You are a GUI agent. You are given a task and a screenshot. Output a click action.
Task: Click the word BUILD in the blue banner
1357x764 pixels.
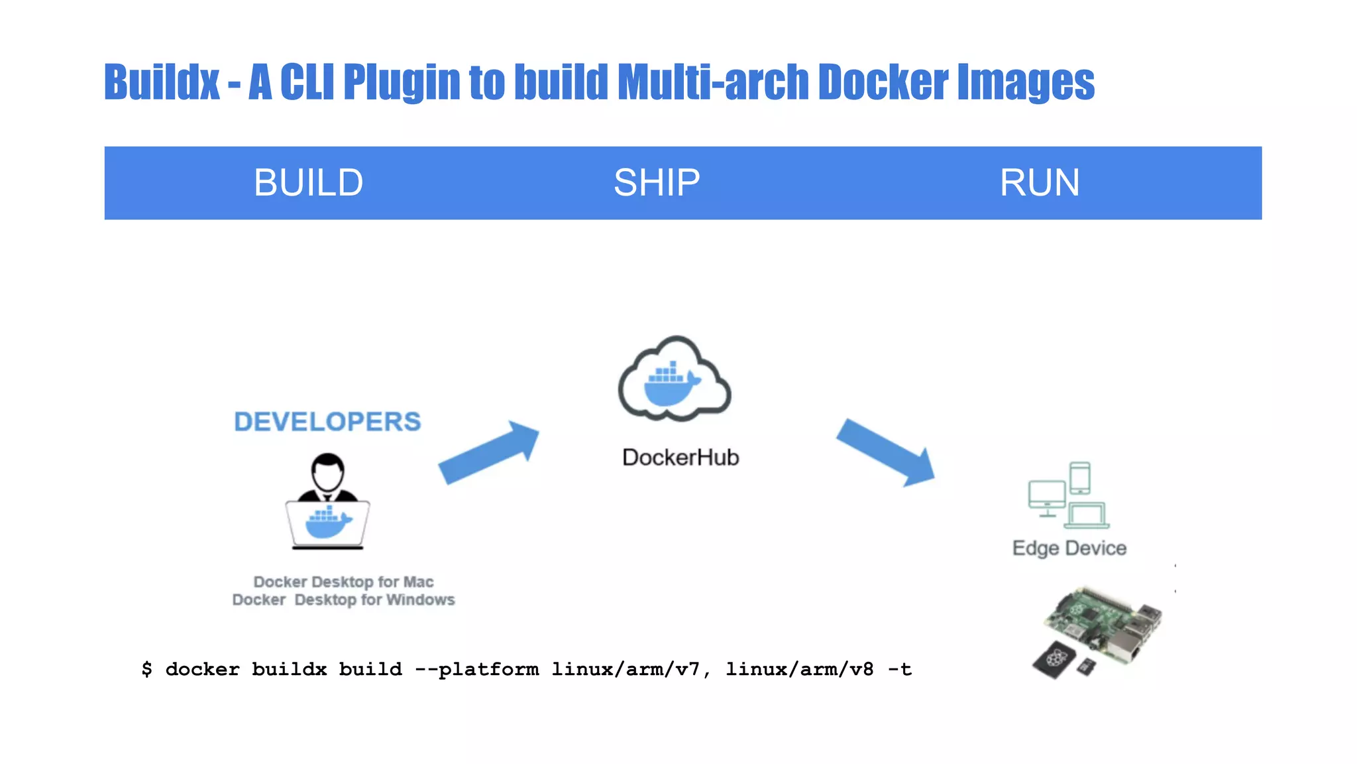(308, 182)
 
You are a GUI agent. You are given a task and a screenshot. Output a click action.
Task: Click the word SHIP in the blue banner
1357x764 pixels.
(656, 182)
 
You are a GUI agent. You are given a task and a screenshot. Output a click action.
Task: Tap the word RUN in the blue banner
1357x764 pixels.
(1039, 182)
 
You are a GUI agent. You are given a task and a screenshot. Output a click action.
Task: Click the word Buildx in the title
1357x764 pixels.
(162, 82)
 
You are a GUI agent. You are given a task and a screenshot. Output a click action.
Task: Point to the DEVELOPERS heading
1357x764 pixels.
(327, 422)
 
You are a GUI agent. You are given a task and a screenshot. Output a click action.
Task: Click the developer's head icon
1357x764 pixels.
(327, 472)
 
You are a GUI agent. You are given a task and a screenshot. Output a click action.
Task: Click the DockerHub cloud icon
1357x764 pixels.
(674, 379)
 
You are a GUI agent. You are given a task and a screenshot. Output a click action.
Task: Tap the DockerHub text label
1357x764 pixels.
(680, 458)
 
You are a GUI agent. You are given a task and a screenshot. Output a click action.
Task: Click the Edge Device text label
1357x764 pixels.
(1069, 548)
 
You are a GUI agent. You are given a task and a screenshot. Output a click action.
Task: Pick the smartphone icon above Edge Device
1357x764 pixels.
(1080, 477)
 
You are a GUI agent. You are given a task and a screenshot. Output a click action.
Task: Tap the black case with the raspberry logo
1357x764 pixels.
(1056, 659)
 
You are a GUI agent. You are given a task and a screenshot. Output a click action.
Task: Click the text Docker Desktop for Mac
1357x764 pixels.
(343, 582)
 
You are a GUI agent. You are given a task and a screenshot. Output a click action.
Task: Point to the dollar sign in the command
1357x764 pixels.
(146, 669)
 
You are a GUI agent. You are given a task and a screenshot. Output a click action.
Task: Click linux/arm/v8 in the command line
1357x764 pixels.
(799, 669)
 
